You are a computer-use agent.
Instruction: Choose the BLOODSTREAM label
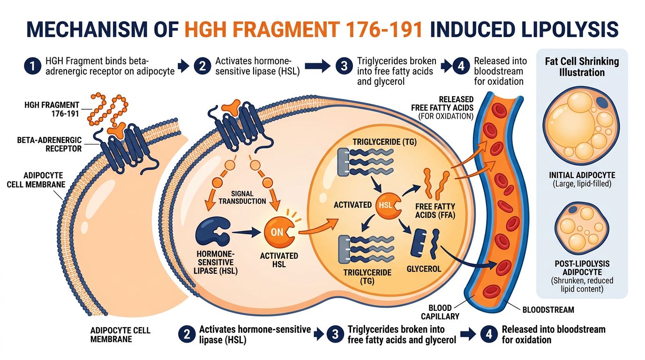tap(548, 309)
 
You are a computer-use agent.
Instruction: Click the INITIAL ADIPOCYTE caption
tap(582, 175)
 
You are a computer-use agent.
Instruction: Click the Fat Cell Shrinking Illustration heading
tap(582, 67)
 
